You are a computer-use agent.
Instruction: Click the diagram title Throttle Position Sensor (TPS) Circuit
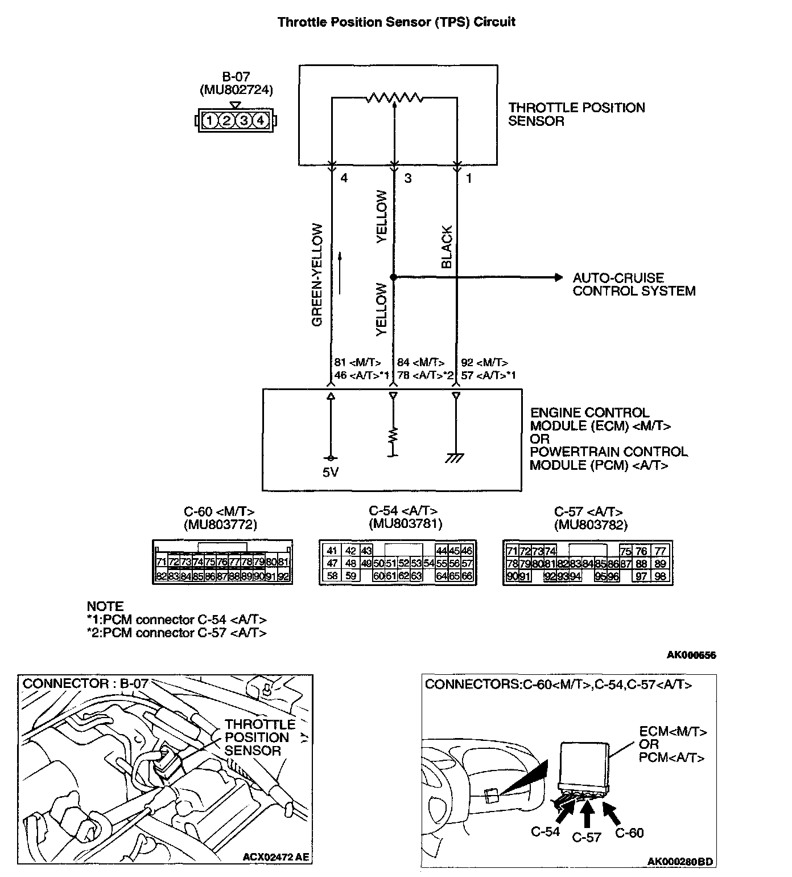tap(396, 22)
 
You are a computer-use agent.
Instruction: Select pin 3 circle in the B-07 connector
tap(244, 121)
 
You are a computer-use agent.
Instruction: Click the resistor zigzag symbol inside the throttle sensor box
tap(394, 97)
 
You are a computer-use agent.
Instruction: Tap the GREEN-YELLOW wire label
tap(317, 275)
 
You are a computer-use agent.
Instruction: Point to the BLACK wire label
tap(447, 247)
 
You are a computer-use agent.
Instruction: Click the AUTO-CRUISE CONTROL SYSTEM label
tap(634, 285)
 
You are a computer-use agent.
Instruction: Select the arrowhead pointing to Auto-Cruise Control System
tap(558, 278)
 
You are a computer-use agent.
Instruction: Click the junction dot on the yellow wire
tap(393, 277)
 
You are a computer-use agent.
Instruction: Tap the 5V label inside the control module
tap(331, 473)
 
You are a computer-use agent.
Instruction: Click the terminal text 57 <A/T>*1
tap(488, 375)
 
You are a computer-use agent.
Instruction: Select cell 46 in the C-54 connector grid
tap(467, 551)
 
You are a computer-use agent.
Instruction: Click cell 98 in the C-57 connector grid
tap(660, 577)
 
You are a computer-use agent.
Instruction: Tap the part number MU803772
tap(220, 524)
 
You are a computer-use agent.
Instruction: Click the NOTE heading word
tap(105, 606)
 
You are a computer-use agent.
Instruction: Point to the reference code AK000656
tap(691, 655)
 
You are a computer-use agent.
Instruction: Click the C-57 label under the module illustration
tap(587, 837)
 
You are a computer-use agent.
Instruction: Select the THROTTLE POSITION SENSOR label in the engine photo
tap(259, 737)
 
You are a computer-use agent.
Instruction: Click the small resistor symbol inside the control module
tap(393, 436)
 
